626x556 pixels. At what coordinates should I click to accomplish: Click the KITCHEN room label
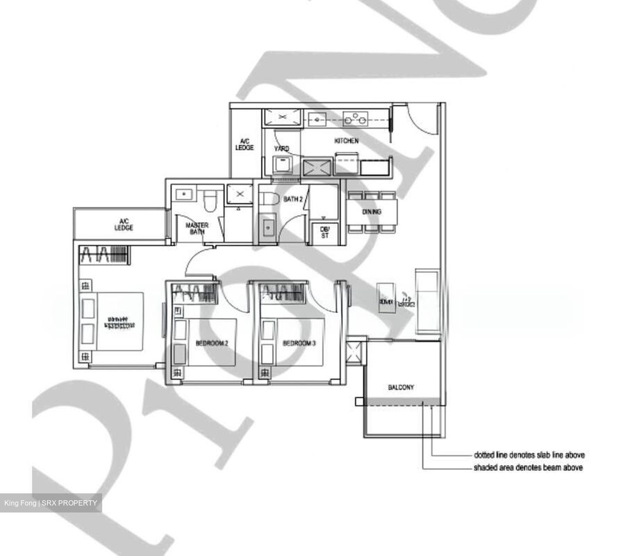point(346,141)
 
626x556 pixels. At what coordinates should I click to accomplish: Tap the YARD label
point(281,149)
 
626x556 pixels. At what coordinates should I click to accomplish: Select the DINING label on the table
point(371,212)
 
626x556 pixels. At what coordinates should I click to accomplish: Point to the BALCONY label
point(401,387)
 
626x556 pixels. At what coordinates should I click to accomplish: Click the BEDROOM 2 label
point(212,343)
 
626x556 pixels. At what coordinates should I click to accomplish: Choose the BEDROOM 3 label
point(299,343)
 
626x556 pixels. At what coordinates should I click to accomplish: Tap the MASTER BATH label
point(196,228)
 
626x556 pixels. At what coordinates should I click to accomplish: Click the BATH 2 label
point(293,199)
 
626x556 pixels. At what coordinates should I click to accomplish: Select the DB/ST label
point(325,232)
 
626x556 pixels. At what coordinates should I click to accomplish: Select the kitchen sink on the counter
point(318,118)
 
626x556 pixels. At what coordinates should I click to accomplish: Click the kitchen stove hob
point(355,118)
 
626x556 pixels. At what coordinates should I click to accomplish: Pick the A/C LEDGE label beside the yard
point(244,144)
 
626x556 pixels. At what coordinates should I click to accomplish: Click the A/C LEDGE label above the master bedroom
point(123,224)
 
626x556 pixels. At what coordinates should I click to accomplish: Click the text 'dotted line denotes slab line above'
point(529,455)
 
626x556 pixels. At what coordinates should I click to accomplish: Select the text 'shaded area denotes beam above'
point(528,468)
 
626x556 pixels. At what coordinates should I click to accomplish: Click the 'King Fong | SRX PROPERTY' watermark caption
point(51,503)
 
